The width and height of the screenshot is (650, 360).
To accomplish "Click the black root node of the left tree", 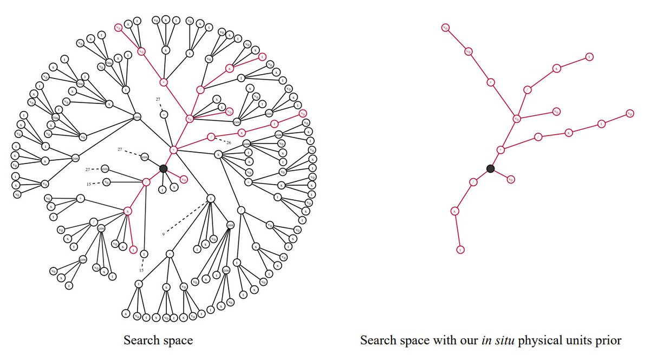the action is coord(163,168).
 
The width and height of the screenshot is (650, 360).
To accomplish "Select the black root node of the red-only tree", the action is coord(490,168).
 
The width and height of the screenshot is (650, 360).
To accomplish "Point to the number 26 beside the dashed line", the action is coord(229,143).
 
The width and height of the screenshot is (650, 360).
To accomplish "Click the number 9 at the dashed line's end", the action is coord(163,234).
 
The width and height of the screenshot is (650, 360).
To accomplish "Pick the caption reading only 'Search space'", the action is coord(158,341).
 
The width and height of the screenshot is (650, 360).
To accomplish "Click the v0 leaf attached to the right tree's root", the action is coord(511,179).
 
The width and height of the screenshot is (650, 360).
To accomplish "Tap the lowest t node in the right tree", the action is coord(460,250).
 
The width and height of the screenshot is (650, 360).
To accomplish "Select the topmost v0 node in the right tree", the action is coord(445,27).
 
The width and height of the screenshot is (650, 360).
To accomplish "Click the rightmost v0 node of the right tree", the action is coord(629,113).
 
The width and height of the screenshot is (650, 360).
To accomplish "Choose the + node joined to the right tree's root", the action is coord(500,149).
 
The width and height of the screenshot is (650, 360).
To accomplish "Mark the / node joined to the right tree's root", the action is coord(473,181).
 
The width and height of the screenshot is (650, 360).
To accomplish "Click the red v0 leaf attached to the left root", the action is coord(184,179).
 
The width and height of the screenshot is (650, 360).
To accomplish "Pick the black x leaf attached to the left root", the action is coord(174,187).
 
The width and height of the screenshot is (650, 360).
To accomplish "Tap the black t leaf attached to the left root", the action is coord(161,190).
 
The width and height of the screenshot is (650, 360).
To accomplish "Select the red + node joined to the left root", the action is coord(174,149).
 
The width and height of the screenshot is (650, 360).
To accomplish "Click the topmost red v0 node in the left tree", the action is coord(118,27).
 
